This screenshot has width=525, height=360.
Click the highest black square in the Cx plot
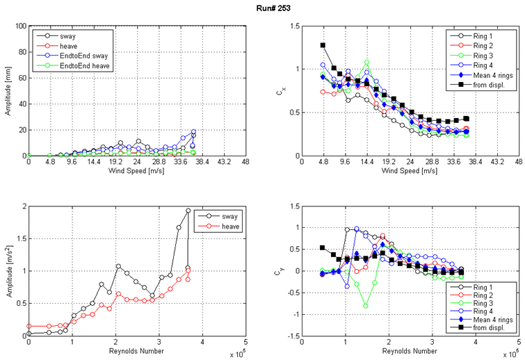click(323, 46)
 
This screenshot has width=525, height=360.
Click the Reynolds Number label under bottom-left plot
click(137, 352)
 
